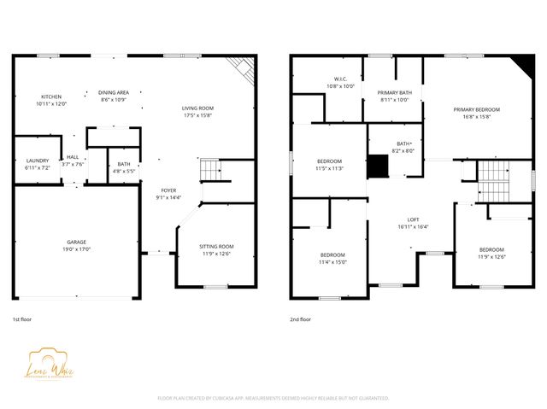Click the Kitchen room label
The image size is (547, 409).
click(51, 96)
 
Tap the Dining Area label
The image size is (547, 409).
click(114, 92)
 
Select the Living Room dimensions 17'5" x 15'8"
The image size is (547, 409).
click(197, 115)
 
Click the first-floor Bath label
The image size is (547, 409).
click(124, 164)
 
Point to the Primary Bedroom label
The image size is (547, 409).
click(476, 109)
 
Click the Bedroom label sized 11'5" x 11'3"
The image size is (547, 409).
click(330, 161)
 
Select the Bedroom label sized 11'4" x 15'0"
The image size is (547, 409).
click(332, 255)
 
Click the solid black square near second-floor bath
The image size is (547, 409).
click(377, 166)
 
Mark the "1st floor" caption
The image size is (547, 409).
click(23, 318)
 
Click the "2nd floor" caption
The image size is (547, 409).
click(300, 318)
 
